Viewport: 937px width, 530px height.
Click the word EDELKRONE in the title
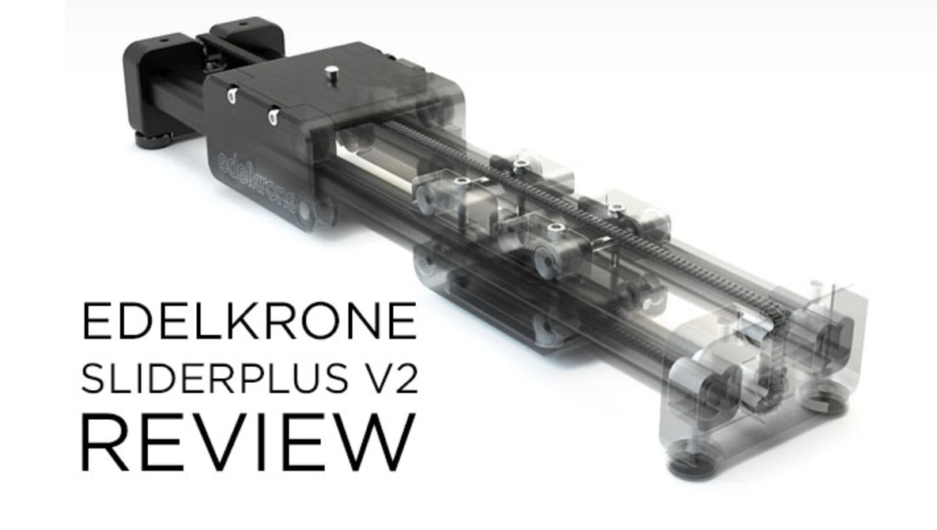coord(249,322)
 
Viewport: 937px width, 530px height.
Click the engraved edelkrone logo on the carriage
coord(257,180)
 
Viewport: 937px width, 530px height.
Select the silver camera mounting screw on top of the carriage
coord(330,75)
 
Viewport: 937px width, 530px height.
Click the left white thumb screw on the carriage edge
coord(232,96)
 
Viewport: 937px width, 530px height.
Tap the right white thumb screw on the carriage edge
coord(273,116)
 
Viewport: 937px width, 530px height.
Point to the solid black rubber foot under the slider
coord(156,141)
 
